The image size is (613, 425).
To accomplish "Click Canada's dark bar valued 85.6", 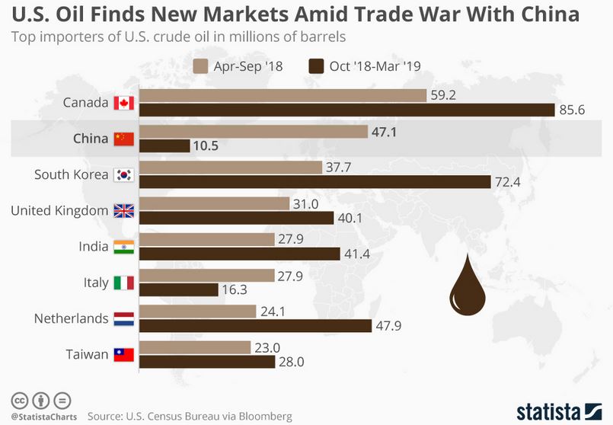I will (x=348, y=110).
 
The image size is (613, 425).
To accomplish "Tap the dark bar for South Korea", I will (x=316, y=182).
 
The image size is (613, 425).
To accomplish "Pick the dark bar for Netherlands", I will (x=255, y=326).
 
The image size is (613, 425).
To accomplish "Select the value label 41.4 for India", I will (x=356, y=254).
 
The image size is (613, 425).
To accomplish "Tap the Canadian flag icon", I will (x=123, y=103).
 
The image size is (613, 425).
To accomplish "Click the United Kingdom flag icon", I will (x=123, y=211).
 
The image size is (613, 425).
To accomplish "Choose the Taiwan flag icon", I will (x=123, y=355).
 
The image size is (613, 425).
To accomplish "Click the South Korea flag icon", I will (x=123, y=175).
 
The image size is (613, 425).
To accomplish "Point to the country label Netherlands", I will (x=71, y=318).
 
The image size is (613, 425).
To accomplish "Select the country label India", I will (x=93, y=247).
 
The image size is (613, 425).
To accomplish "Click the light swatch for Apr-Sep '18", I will (x=203, y=66).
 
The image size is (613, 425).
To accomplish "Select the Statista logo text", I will (x=547, y=411).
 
